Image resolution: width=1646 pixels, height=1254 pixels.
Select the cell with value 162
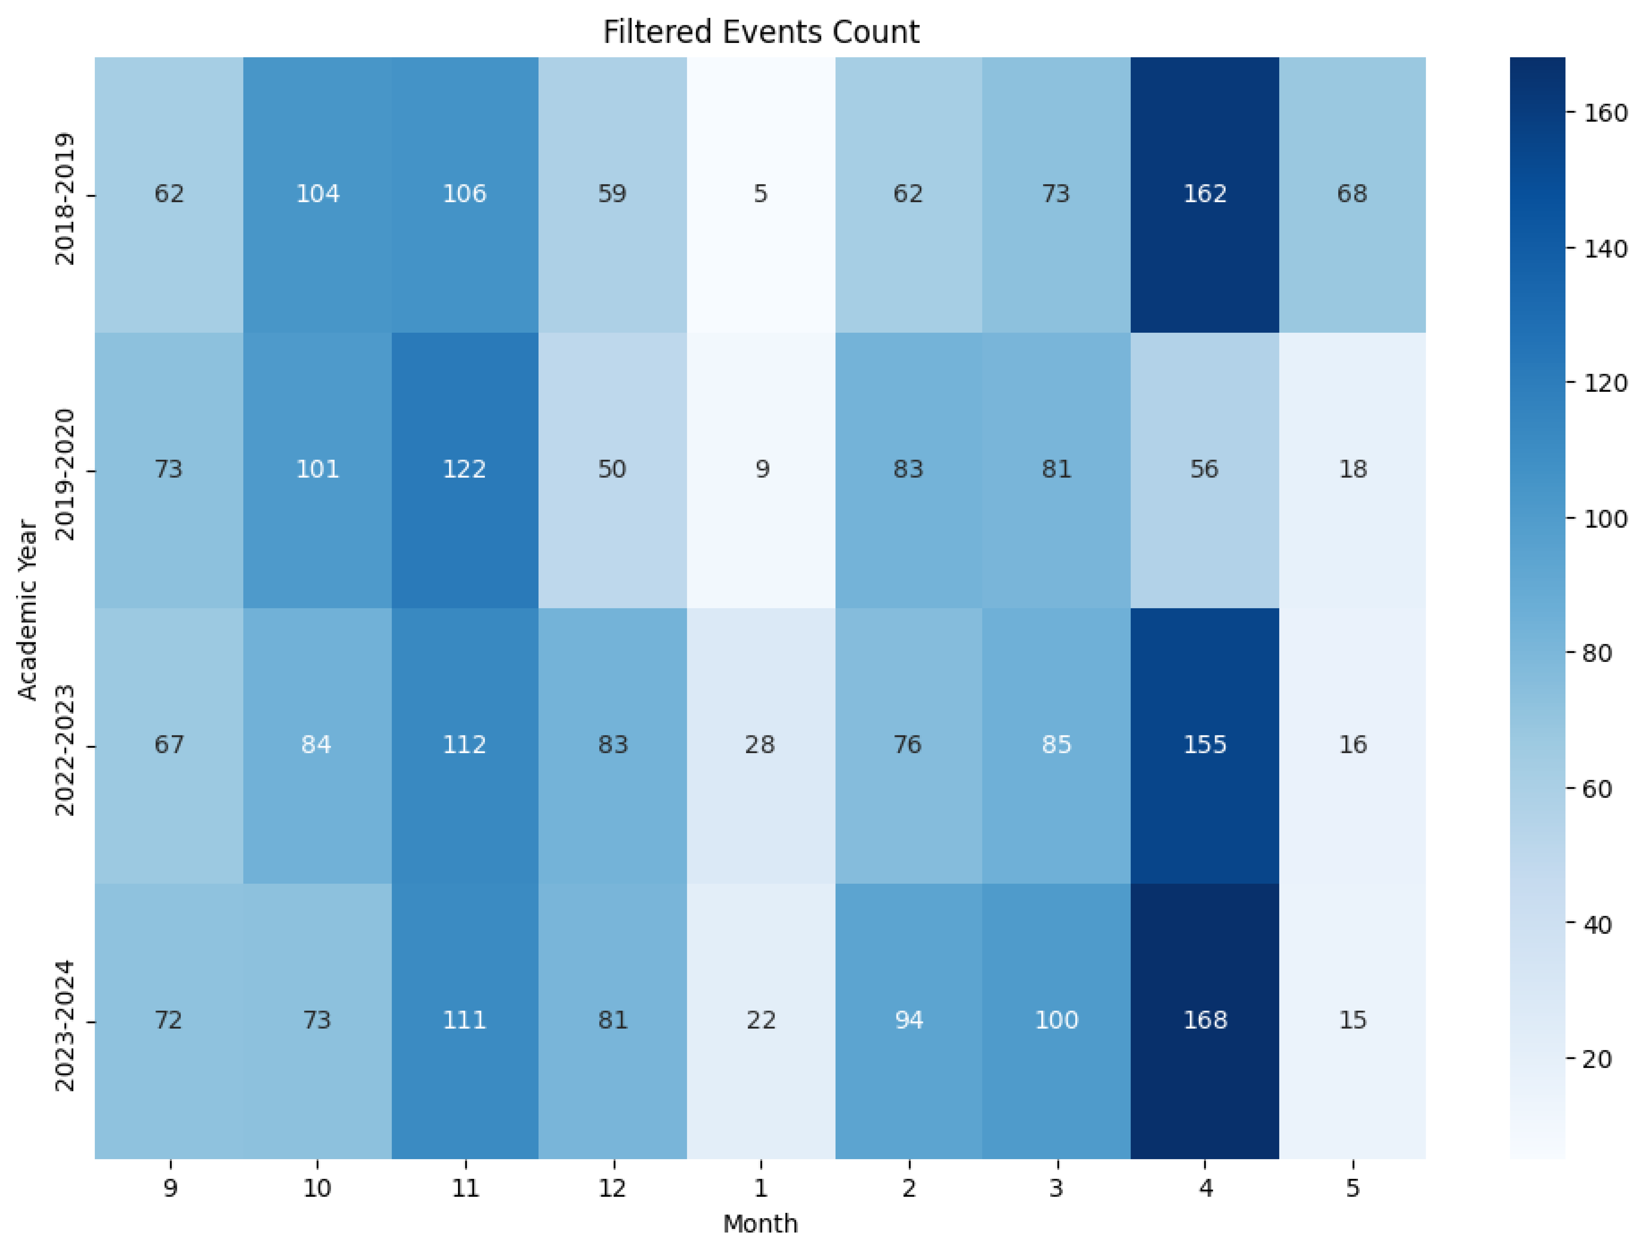click(x=1204, y=194)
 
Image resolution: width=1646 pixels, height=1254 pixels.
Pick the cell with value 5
click(x=760, y=194)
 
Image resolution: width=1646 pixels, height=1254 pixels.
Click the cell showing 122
click(x=464, y=470)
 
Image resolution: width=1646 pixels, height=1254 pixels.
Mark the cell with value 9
click(x=760, y=470)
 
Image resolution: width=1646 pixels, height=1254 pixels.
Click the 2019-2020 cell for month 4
click(x=1204, y=470)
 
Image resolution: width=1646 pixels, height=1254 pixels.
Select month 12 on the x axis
click(x=612, y=1188)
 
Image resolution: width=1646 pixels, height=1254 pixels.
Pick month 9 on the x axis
click(x=170, y=1188)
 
